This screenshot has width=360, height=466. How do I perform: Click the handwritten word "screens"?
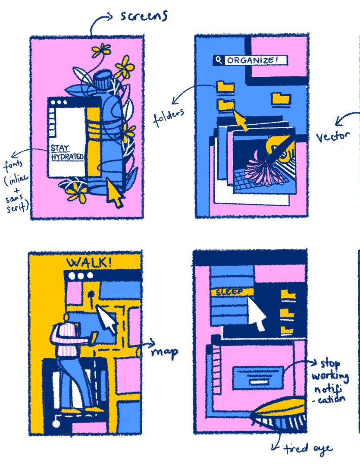(143, 16)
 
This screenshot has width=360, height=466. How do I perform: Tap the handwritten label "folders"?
(169, 118)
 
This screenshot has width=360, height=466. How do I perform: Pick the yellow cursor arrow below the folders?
(241, 120)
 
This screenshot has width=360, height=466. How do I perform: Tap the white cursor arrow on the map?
(107, 320)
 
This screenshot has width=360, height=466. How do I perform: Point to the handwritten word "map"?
(165, 352)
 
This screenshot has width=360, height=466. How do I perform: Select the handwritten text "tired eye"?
(308, 449)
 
